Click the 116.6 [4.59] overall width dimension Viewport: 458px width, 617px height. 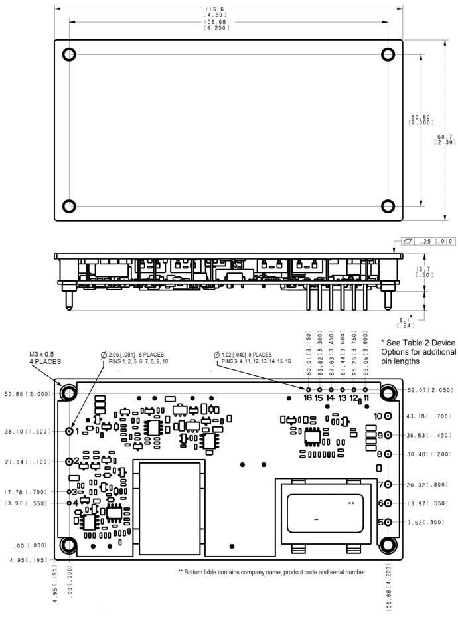coord(228,11)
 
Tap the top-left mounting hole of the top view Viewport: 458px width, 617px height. coord(70,54)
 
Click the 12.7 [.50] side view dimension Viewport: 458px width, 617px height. coord(425,272)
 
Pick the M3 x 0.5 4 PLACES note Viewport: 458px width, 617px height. coord(45,358)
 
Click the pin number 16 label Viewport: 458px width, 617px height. coord(307,398)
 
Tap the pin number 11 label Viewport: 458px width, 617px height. coord(366,398)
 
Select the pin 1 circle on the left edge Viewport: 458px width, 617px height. coord(70,431)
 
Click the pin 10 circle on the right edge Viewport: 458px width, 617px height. coord(389,416)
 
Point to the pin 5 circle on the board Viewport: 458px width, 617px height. coord(389,522)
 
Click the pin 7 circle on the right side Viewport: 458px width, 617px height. coord(389,485)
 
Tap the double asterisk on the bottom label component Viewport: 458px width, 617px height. coord(351,504)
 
